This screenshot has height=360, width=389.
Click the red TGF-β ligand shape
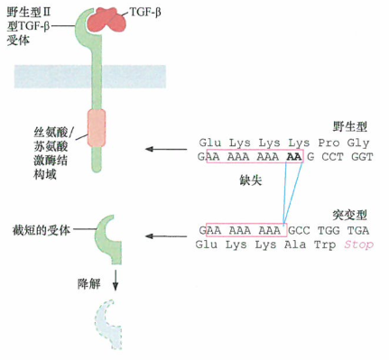point(113,18)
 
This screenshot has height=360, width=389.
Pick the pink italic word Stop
point(358,245)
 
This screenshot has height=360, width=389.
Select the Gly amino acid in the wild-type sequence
point(358,142)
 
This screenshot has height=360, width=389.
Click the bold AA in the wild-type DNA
point(292,156)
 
